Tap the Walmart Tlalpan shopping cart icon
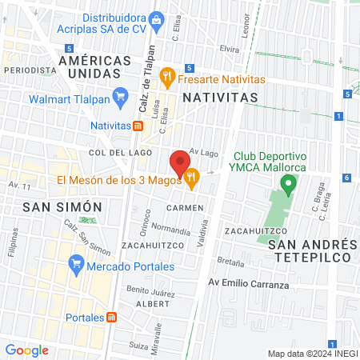[x=120, y=99]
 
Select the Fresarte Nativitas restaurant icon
[x=167, y=77]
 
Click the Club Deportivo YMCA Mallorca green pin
[x=288, y=185]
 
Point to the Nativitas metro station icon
[x=138, y=126]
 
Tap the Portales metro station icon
[x=112, y=317]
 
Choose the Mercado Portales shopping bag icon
[x=77, y=262]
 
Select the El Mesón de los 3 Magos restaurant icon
[x=191, y=179]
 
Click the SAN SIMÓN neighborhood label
[x=62, y=206]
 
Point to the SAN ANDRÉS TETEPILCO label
[x=313, y=250]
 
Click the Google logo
[x=26, y=350]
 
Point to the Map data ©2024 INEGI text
[x=311, y=354]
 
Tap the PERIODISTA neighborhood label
[x=24, y=70]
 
